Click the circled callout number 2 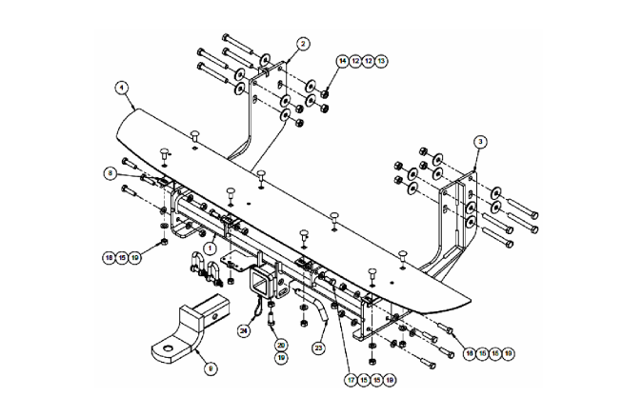pyautogui.click(x=302, y=43)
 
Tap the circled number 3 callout pyautogui.click(x=481, y=140)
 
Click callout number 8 pyautogui.click(x=111, y=173)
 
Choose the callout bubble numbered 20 pyautogui.click(x=281, y=345)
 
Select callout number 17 pyautogui.click(x=352, y=379)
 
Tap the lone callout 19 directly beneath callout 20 pyautogui.click(x=281, y=358)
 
